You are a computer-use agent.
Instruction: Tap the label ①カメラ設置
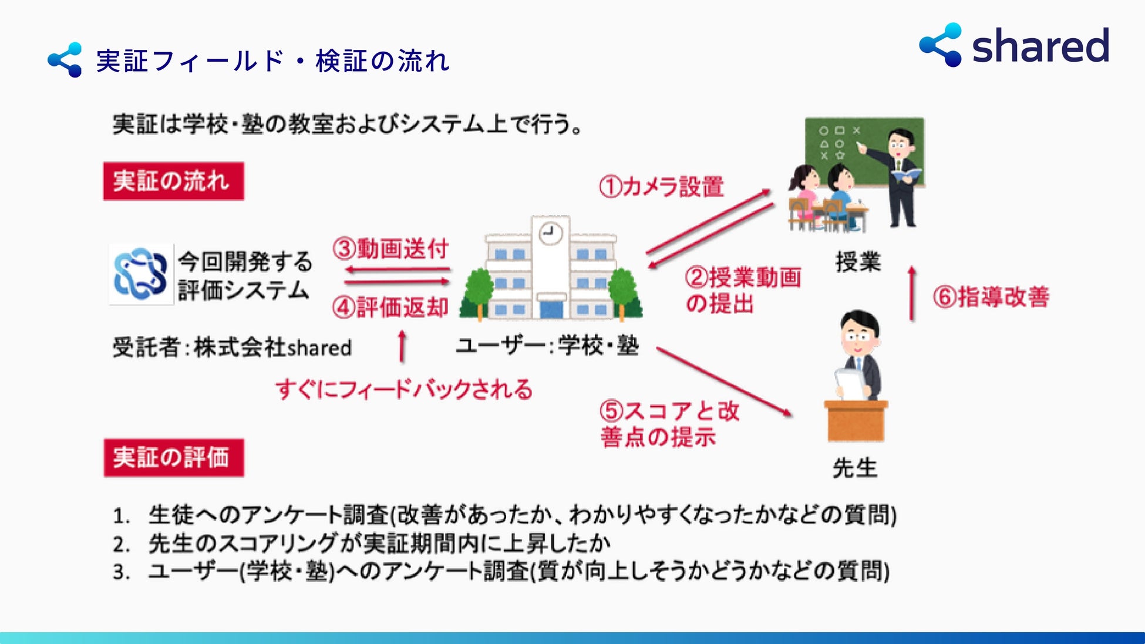point(661,187)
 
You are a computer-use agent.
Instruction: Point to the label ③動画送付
point(390,248)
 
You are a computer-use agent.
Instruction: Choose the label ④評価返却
point(390,307)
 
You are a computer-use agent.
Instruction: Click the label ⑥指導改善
point(991,297)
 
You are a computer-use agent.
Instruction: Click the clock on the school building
point(550,233)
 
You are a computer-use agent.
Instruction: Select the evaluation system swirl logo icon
point(140,274)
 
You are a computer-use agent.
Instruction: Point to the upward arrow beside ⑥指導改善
point(912,294)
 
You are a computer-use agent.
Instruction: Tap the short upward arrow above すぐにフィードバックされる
point(402,346)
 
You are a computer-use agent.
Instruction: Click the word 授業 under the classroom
point(858,262)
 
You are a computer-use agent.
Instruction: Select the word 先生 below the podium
point(855,468)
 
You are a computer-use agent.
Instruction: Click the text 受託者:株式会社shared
point(232,347)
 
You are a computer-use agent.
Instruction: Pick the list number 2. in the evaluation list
point(121,545)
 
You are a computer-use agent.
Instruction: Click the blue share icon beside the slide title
point(65,60)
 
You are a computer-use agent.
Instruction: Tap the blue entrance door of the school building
point(551,309)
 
